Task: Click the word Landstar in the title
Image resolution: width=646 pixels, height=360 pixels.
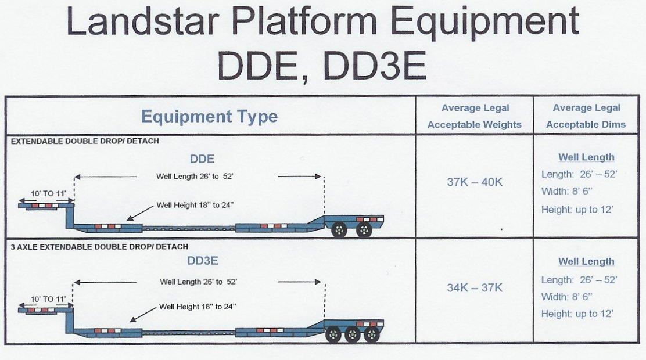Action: pos(141,21)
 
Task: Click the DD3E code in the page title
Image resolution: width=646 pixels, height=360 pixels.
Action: pos(374,66)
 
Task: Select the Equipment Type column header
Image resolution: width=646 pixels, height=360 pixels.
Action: pos(209,117)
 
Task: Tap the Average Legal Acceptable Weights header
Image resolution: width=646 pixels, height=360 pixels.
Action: pos(475,116)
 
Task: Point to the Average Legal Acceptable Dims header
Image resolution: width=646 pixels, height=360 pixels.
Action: pos(586,116)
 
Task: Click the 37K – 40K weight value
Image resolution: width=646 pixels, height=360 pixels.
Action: pos(475,182)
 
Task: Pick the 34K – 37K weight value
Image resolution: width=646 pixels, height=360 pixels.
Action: pos(475,287)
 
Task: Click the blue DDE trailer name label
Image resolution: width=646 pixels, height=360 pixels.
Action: pos(202,159)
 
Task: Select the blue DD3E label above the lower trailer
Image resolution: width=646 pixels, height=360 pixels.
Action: pos(202,260)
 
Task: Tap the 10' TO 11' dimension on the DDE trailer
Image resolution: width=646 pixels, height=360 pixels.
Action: pos(48,193)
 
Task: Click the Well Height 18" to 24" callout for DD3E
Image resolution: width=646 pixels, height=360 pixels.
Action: pos(198,307)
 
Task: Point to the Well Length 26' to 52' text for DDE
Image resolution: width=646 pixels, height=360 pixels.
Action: pos(195,177)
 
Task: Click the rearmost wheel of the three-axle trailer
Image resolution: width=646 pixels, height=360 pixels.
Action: pos(371,335)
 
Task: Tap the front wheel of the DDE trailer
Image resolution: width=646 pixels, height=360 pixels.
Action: pos(339,230)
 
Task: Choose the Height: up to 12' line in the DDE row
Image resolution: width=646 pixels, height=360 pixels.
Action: pos(577,210)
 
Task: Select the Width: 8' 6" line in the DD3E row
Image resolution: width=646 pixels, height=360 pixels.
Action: pos(566,297)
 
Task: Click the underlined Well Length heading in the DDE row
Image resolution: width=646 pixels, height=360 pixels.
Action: pos(586,157)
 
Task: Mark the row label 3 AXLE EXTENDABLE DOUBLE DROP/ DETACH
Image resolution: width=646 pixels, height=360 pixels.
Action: pos(99,247)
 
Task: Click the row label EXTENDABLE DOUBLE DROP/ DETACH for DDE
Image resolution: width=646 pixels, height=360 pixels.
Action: pos(85,141)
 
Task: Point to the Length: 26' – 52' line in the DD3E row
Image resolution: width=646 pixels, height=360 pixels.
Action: pos(579,280)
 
